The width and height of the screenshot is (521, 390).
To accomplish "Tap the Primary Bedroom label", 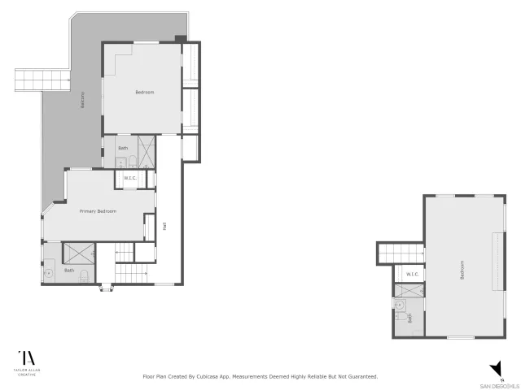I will click(x=98, y=211).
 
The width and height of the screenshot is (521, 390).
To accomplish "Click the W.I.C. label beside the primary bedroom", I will click(x=129, y=178).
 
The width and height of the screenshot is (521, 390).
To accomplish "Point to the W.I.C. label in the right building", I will click(x=412, y=275).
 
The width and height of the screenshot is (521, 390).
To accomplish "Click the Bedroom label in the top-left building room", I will click(x=144, y=92).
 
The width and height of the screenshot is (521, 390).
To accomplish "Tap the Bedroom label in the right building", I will click(x=462, y=269).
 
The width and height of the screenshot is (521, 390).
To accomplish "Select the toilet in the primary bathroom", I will click(x=85, y=275).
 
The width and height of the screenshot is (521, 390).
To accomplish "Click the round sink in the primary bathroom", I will click(x=49, y=273).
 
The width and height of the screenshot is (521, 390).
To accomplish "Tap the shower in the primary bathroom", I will click(x=79, y=253).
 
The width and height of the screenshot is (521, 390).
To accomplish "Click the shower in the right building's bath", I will click(x=409, y=290).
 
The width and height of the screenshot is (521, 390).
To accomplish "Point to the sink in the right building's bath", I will click(x=399, y=305).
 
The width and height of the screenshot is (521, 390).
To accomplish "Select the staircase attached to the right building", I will click(x=400, y=253).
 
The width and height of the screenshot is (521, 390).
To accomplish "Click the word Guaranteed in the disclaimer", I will click(x=361, y=377).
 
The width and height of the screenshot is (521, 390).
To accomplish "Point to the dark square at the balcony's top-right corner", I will click(x=180, y=37).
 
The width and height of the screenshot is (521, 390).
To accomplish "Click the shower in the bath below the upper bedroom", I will click(x=147, y=150).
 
